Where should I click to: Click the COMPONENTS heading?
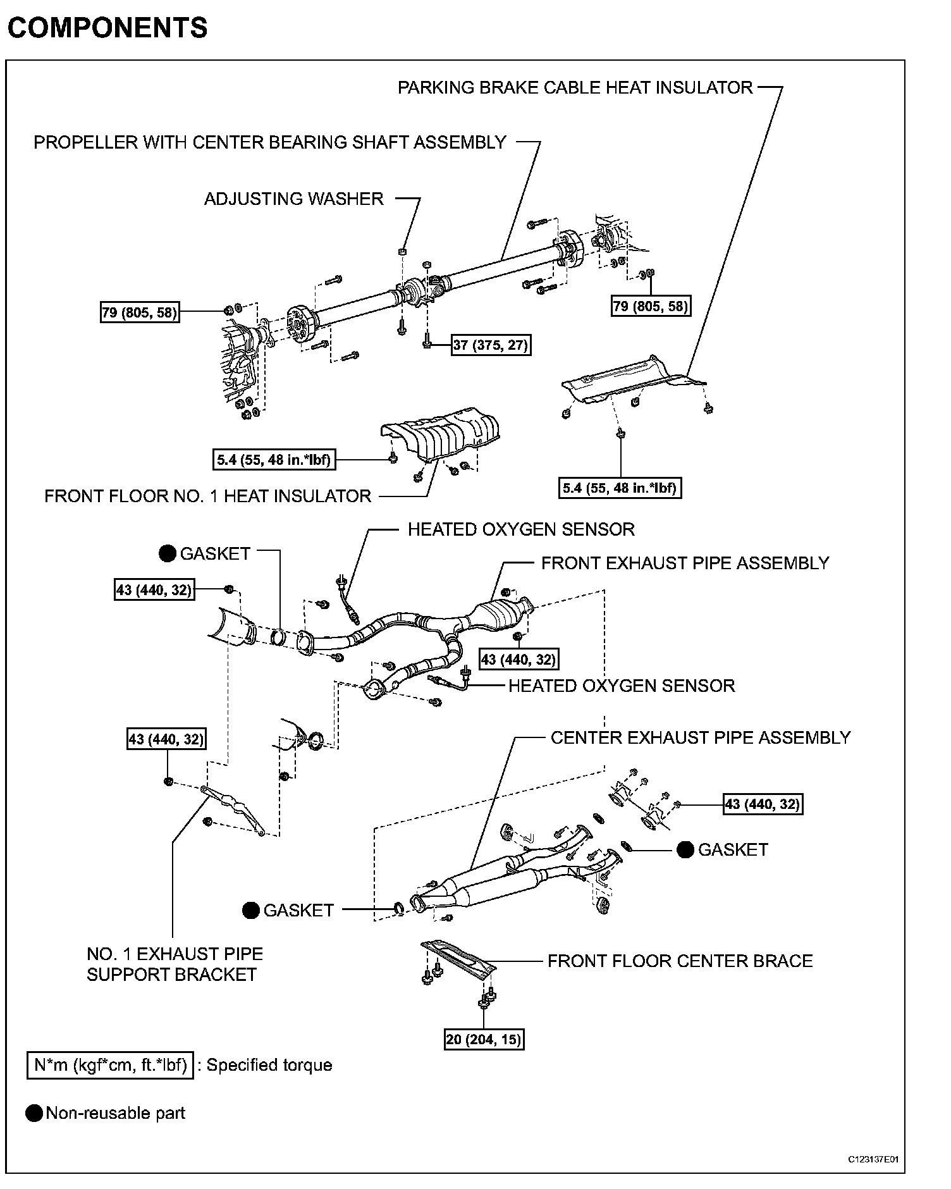pyautogui.click(x=107, y=28)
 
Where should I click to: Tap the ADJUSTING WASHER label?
pyautogui.click(x=293, y=199)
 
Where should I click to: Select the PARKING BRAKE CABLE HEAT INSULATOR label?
pyautogui.click(x=575, y=87)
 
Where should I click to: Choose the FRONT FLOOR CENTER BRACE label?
pyautogui.click(x=680, y=961)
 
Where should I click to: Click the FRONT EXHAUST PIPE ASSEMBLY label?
pyautogui.click(x=685, y=563)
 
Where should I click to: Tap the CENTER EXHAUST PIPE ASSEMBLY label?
pyautogui.click(x=700, y=737)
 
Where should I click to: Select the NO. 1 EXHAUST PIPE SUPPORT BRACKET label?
pyautogui.click(x=175, y=964)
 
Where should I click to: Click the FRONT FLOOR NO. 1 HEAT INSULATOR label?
pyautogui.click(x=207, y=496)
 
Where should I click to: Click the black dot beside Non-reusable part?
pyautogui.click(x=34, y=1113)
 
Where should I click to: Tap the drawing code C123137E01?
pyautogui.click(x=873, y=1159)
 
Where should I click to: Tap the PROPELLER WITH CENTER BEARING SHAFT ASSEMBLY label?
pyautogui.click(x=269, y=142)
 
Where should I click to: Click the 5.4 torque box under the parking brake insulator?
pyautogui.click(x=620, y=488)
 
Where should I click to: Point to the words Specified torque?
pyautogui.click(x=269, y=1065)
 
